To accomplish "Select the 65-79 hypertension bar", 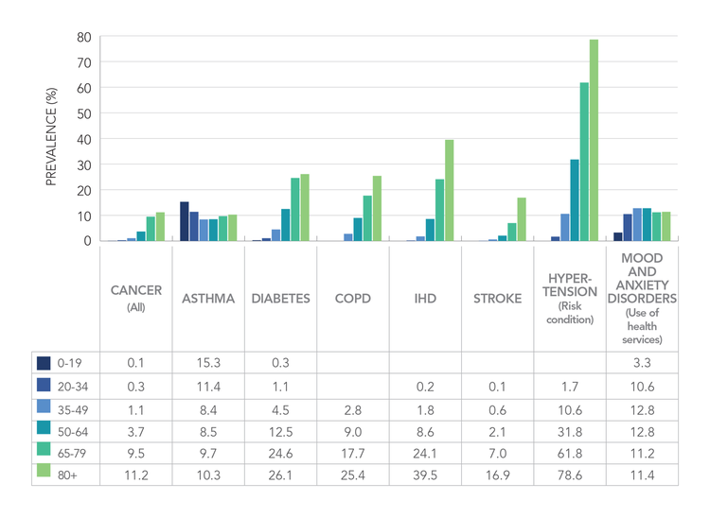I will pos(584,162).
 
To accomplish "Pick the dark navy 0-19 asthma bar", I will pos(185,221).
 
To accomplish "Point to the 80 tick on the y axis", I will pos(84,38).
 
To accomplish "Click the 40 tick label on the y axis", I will pos(84,139).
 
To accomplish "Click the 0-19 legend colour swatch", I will pos(44,363).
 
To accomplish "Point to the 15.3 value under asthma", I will pos(208,363).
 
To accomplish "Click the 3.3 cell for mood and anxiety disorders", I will pos(643,363).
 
